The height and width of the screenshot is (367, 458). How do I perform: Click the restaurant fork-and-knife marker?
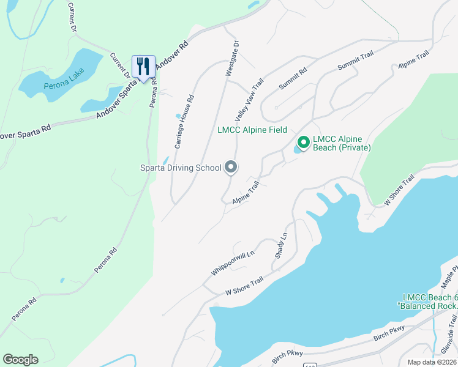143,66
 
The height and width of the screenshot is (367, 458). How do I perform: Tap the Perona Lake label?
59,85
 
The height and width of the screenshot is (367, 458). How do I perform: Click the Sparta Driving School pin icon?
231,166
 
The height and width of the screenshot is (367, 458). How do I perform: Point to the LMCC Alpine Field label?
252,130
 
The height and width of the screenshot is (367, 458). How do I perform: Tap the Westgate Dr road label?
231,58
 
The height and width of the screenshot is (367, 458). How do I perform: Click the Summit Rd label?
292,79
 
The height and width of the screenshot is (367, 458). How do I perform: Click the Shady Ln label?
281,245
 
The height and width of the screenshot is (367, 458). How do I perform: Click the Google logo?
20,360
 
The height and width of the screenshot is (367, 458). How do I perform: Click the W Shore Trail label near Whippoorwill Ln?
244,285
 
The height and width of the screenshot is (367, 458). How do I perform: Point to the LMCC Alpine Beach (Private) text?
342,143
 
